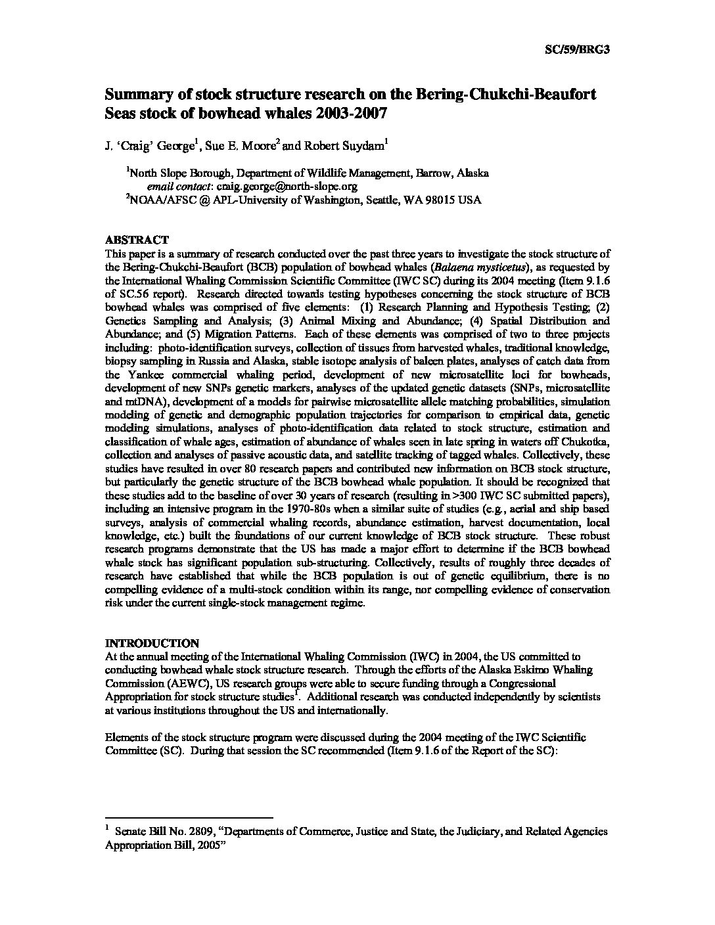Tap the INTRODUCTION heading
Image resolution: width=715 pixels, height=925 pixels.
tap(152, 643)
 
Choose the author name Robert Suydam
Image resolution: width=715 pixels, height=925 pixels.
tap(338, 148)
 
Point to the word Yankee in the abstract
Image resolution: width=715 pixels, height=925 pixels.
tap(127, 374)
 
